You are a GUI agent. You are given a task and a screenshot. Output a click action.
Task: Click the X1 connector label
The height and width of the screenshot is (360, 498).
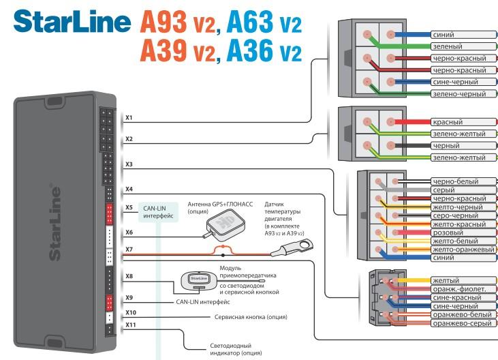coord(129,118)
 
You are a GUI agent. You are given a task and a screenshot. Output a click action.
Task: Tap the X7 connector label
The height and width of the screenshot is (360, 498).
coord(129,250)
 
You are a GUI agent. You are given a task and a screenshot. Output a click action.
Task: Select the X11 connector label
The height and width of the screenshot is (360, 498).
coord(131,325)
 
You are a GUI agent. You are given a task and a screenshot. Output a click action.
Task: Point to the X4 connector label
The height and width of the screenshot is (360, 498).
coord(129,189)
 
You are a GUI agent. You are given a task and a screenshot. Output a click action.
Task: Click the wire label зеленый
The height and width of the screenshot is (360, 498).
coord(447,46)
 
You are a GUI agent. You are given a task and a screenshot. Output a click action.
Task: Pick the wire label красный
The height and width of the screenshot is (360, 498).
coord(448,121)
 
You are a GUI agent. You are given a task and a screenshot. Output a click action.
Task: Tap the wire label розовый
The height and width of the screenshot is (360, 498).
coord(448,232)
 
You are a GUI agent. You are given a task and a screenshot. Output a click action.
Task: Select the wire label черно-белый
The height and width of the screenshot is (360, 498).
coord(455,181)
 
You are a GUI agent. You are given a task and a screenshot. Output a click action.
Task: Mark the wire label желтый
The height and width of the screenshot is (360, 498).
coord(446,280)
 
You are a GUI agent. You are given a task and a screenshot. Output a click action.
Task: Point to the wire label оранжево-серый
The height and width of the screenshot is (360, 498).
coord(462,322)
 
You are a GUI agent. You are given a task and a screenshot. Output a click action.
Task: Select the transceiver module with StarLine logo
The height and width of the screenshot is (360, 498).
coord(198,279)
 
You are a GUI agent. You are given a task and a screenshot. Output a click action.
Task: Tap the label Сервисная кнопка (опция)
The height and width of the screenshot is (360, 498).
coord(251,317)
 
